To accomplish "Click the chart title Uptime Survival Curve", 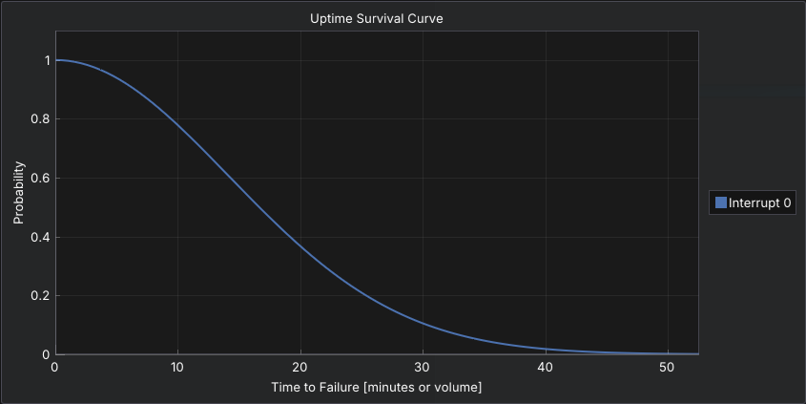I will [376, 18].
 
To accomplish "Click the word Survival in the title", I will [384, 18].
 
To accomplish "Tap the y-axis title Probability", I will [18, 193].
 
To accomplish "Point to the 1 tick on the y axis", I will [45, 60].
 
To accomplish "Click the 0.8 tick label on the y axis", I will [39, 119].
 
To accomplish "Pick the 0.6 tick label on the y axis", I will [39, 178].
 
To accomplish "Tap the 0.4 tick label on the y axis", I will [39, 237].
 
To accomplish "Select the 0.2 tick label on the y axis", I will [39, 296].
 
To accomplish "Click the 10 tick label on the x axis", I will [177, 367].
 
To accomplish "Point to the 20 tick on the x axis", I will [300, 367].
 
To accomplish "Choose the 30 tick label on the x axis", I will [423, 367].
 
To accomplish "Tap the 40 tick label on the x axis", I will [545, 367].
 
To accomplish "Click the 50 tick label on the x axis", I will [668, 367].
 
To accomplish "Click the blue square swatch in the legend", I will [721, 202].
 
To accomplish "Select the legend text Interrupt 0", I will [760, 202].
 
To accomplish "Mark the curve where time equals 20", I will [300, 245].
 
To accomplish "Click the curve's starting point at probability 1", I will [55, 60].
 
